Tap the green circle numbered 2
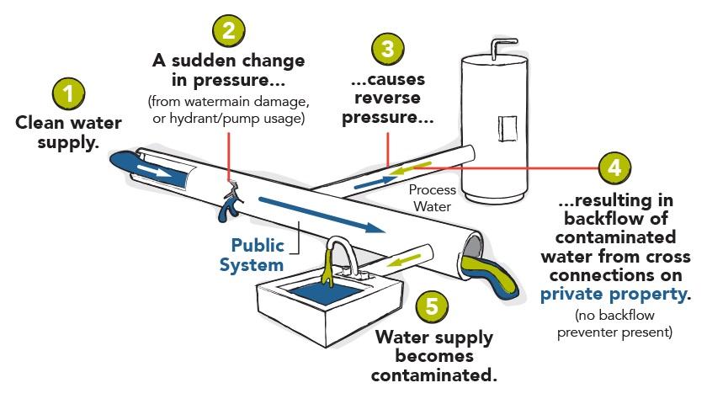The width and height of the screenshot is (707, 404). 228,31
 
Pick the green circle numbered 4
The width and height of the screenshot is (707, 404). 614,168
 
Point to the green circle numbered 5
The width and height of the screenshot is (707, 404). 432,306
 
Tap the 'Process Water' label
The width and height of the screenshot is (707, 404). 432,198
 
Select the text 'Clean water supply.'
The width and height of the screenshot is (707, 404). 69,132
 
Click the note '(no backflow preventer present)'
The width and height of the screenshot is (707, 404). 614,324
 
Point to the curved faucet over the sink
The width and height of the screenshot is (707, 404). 339,253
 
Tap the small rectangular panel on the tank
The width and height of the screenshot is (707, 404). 509,126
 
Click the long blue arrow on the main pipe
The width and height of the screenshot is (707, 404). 321,214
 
